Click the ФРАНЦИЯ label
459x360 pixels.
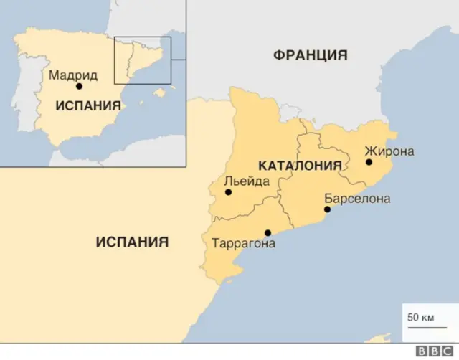click(310, 55)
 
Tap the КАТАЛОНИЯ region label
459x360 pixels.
click(299, 166)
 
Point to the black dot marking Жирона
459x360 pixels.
click(369, 162)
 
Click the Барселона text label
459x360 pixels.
click(357, 198)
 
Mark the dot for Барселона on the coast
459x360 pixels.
click(327, 209)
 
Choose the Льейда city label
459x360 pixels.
click(246, 181)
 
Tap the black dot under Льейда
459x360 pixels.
click(228, 192)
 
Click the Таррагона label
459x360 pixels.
click(243, 243)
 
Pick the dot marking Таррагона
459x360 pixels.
click(268, 232)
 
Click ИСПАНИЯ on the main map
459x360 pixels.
click(132, 242)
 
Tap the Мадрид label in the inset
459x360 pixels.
click(72, 74)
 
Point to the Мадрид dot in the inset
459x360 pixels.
click(79, 86)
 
